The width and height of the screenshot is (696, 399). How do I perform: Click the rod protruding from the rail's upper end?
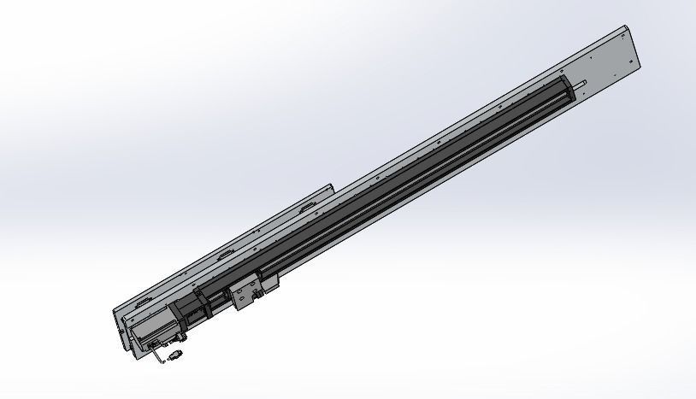[x=582, y=82]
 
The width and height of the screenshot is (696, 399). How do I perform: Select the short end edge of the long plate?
[x=635, y=47]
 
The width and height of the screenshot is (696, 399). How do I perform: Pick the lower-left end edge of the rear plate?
[x=115, y=320]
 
